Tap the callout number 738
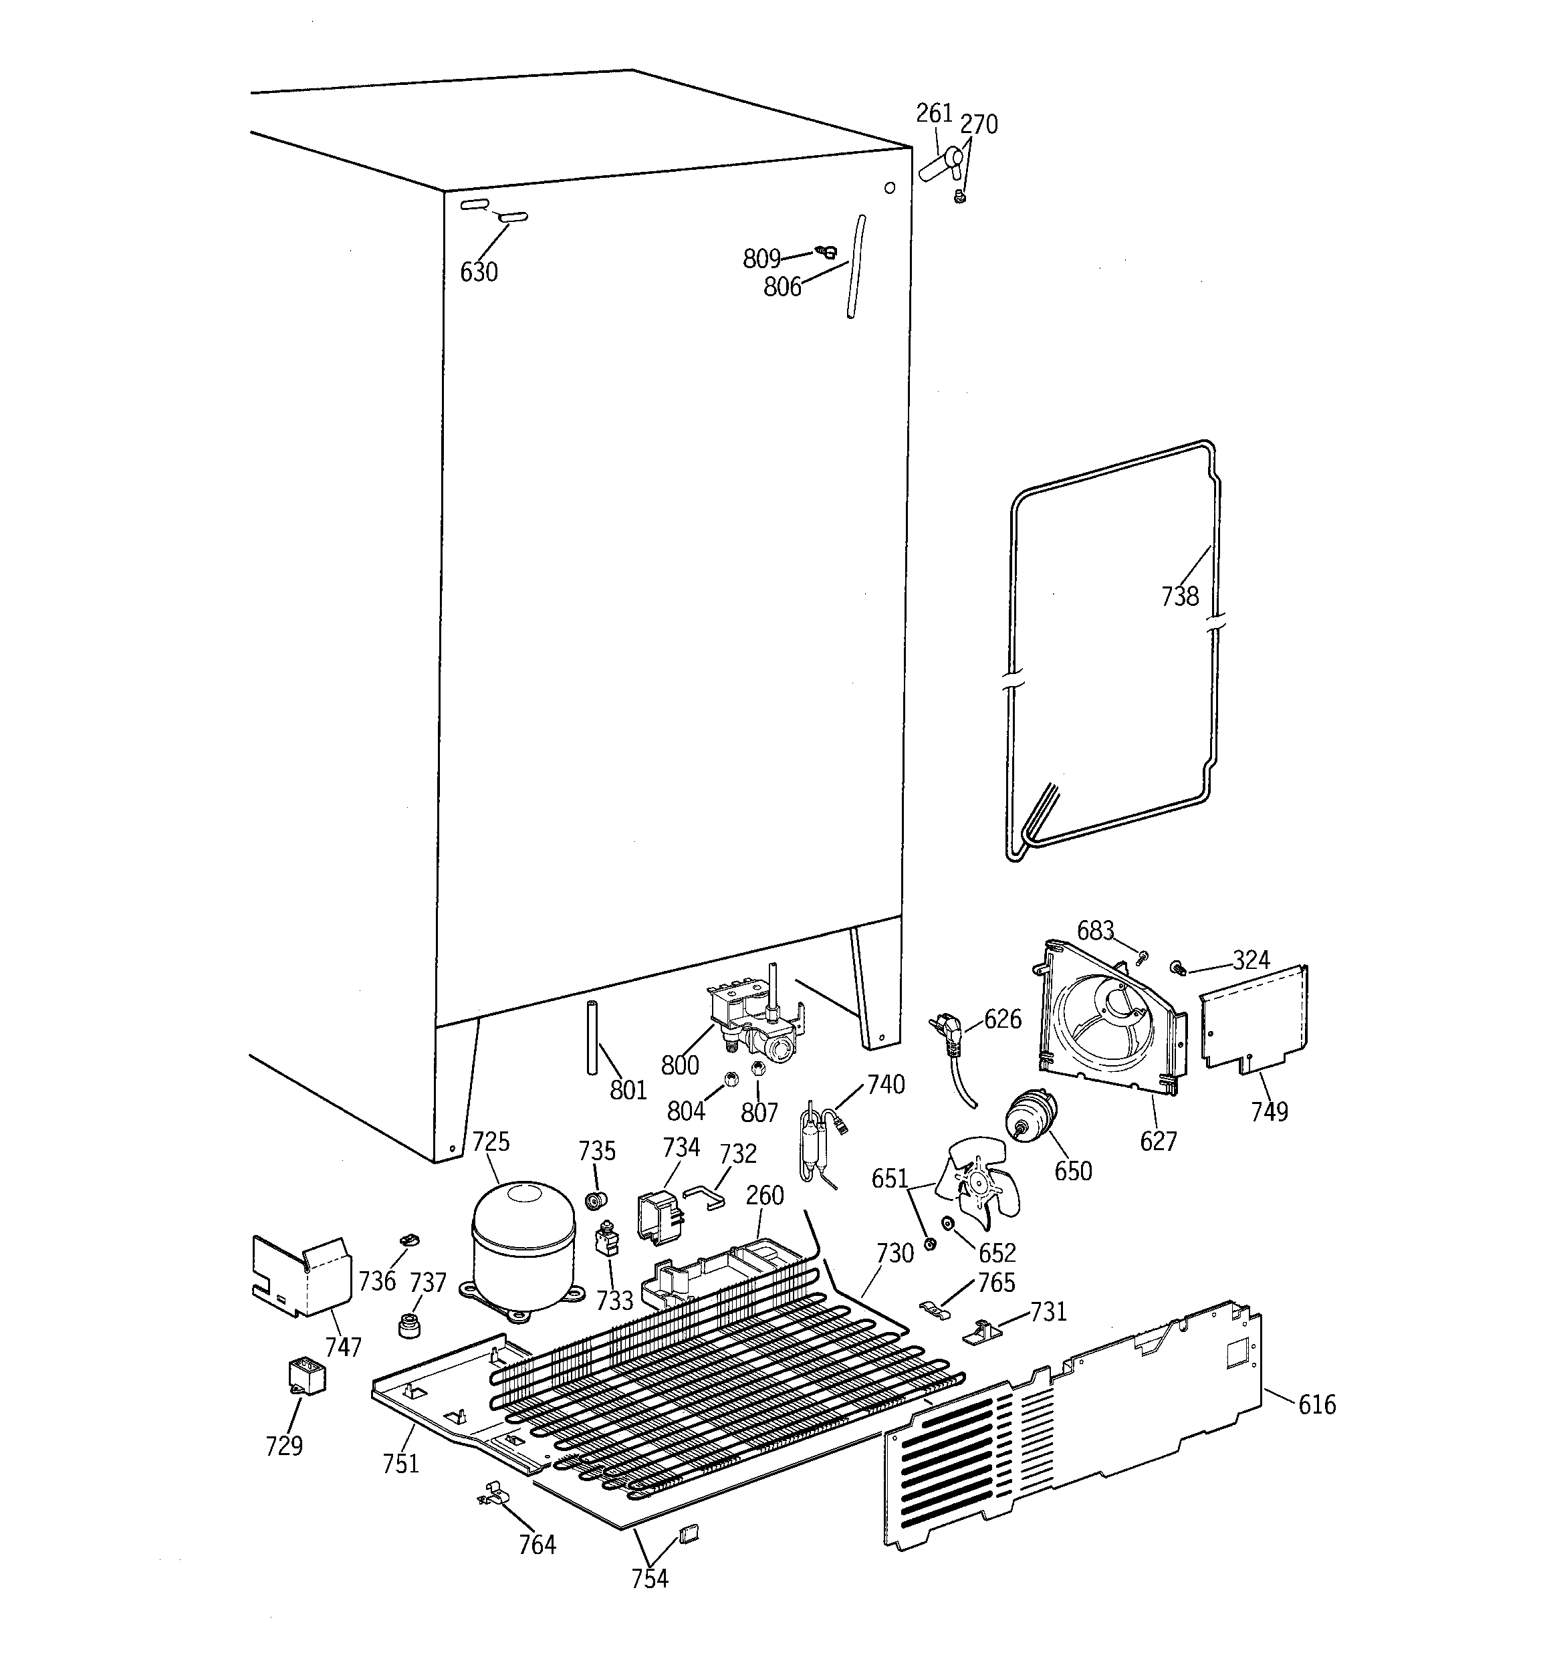tap(1180, 596)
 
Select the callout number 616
tap(1317, 1406)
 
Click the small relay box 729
tap(306, 1375)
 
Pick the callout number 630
tap(479, 271)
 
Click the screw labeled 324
tap(1178, 968)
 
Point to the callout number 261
tap(933, 112)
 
